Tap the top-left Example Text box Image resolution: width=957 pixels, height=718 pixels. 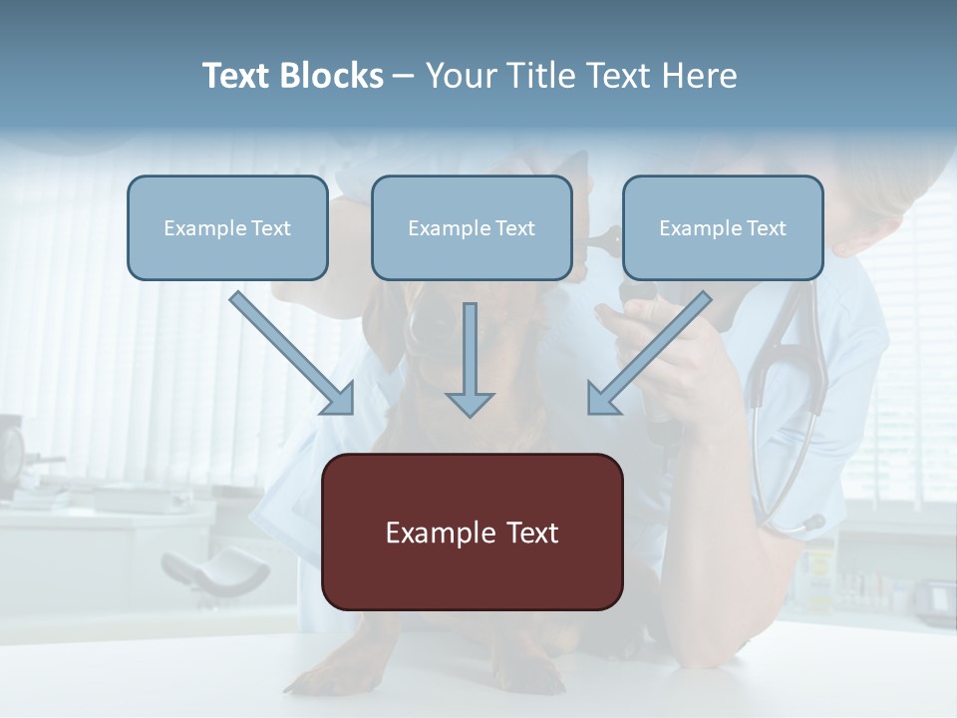[x=227, y=228]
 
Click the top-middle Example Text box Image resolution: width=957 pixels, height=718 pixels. [x=472, y=228]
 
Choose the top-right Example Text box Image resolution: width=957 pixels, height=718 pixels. [x=723, y=228]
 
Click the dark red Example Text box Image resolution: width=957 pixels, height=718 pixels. [x=472, y=533]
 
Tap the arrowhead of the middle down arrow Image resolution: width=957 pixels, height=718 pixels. [x=470, y=403]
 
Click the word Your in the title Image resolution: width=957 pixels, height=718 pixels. [x=459, y=76]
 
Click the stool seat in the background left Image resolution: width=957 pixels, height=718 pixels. [x=214, y=568]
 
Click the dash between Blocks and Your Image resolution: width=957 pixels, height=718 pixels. [x=404, y=76]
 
